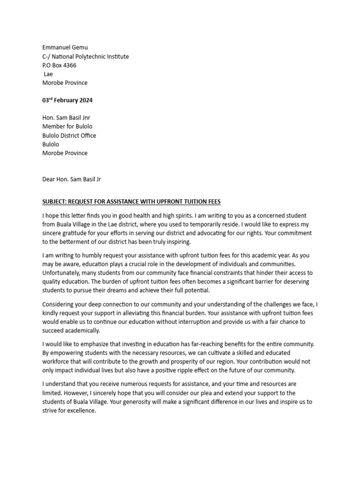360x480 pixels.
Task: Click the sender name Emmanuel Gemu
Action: pos(65,47)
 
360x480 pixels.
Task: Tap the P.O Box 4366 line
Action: pos(59,65)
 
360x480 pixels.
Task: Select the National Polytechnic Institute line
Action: pos(85,56)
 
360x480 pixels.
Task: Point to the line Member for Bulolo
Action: pos(67,127)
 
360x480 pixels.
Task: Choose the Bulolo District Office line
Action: pos(69,135)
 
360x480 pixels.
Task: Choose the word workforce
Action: pos(58,362)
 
